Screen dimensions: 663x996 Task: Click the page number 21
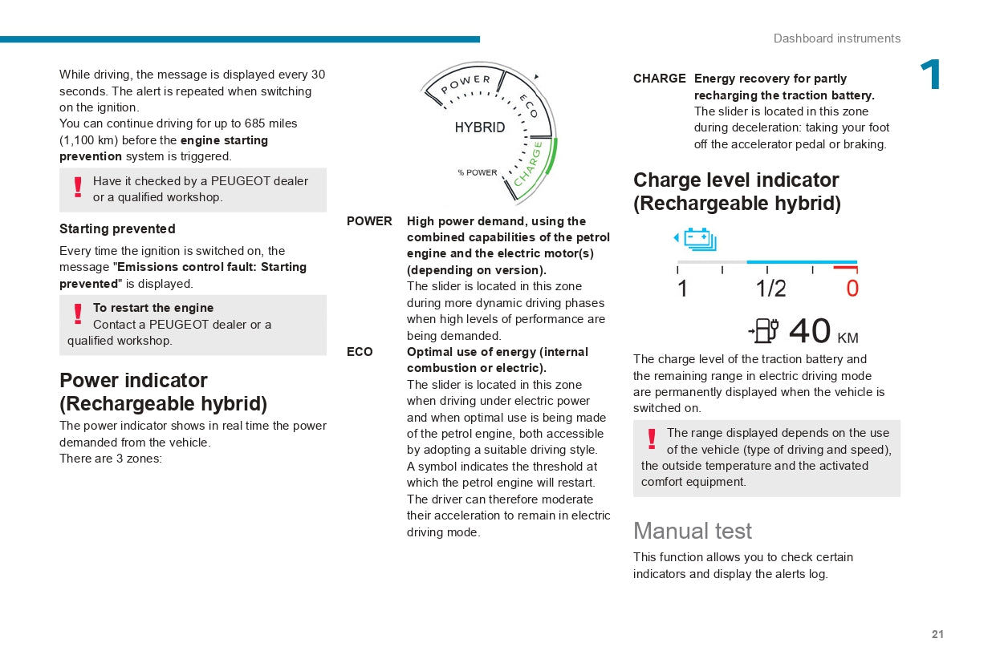(x=937, y=634)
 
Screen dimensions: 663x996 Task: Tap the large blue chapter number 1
(x=931, y=75)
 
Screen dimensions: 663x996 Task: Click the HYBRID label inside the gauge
(x=480, y=127)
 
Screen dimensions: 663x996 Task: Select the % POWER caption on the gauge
(x=478, y=172)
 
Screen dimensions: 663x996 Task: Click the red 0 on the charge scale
(x=852, y=289)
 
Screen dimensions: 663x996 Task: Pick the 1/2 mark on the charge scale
(x=770, y=289)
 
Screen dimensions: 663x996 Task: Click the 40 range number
(x=810, y=331)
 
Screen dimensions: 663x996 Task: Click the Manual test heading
(x=693, y=531)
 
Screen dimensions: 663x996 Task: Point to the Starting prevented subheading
(x=117, y=228)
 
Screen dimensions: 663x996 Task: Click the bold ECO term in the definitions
(x=360, y=352)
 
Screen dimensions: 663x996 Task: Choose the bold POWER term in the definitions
(x=369, y=221)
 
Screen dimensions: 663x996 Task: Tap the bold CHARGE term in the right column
(x=659, y=79)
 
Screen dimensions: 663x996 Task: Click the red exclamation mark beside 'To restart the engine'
(x=78, y=313)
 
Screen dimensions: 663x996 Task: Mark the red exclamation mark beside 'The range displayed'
(x=652, y=439)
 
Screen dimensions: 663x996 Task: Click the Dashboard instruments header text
(x=836, y=38)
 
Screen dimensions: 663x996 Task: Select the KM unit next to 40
(x=848, y=338)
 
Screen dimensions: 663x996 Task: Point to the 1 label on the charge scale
(x=682, y=289)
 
